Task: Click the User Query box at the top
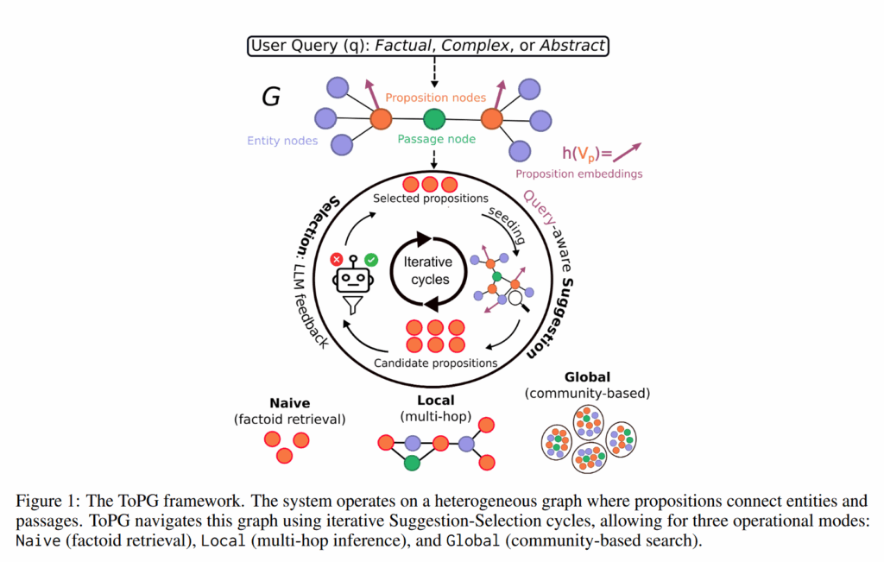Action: point(428,45)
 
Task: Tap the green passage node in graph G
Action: point(434,119)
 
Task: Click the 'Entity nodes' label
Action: point(282,140)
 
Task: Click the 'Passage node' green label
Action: point(436,139)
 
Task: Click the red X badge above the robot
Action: point(336,258)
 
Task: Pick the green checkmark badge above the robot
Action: point(371,258)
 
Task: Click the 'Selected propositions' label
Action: point(431,199)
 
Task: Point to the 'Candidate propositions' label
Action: point(435,363)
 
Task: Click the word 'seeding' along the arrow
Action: point(505,224)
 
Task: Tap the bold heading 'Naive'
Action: point(290,402)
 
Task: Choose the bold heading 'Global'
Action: point(587,377)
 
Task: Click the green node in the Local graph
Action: point(413,463)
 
